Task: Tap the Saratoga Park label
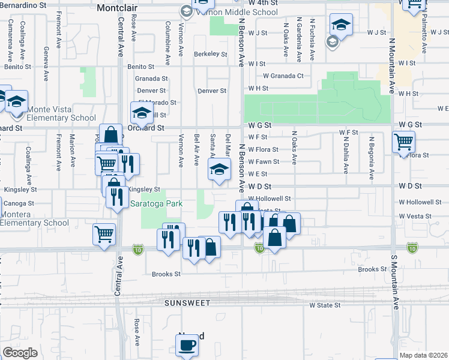point(157,203)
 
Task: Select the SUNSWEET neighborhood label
point(188,303)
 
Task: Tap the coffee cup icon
point(187,346)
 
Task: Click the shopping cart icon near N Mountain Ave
point(404,143)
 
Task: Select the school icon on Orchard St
point(142,112)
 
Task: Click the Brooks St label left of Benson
point(166,274)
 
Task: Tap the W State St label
point(325,305)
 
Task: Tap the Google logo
point(20,353)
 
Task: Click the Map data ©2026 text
point(423,355)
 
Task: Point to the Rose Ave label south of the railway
point(137,332)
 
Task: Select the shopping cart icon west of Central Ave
point(104,234)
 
